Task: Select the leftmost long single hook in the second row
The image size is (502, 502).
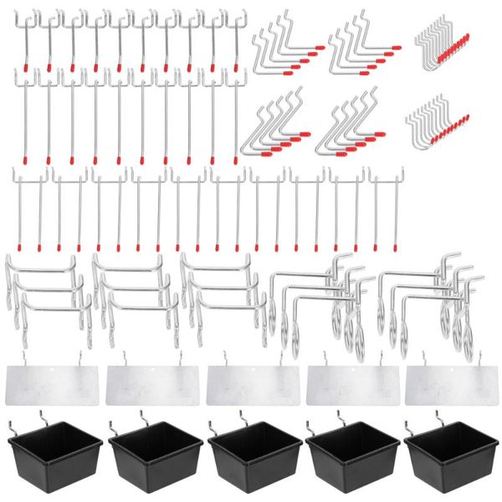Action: [x=25, y=117]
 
